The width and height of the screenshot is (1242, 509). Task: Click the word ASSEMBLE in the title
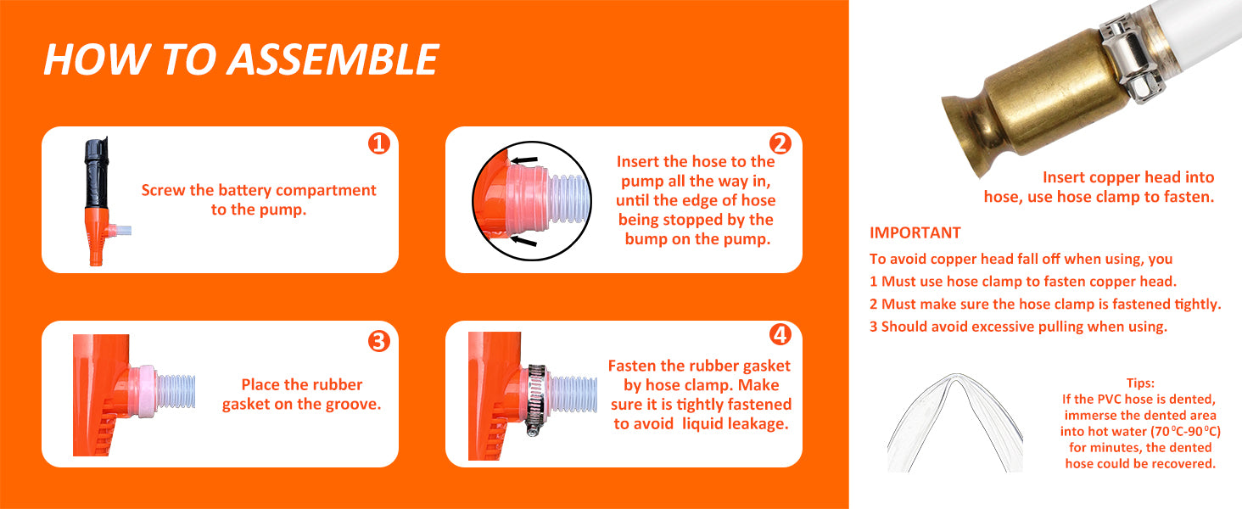pos(333,59)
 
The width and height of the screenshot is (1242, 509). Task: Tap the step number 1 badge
pos(379,143)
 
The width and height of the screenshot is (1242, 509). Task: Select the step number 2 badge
pos(780,143)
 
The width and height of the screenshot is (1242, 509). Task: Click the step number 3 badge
pos(379,341)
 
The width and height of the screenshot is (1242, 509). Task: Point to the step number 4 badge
pos(780,334)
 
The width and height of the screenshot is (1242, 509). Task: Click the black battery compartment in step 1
pos(97,173)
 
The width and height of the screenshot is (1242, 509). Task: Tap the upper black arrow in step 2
pos(523,160)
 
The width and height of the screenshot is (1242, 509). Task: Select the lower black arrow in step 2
pos(523,241)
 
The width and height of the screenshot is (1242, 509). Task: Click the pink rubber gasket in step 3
pos(145,389)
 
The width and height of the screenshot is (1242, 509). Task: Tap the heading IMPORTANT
pos(915,233)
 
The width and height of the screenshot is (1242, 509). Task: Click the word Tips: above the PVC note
pos(1140,383)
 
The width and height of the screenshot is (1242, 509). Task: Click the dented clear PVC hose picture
pos(954,422)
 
